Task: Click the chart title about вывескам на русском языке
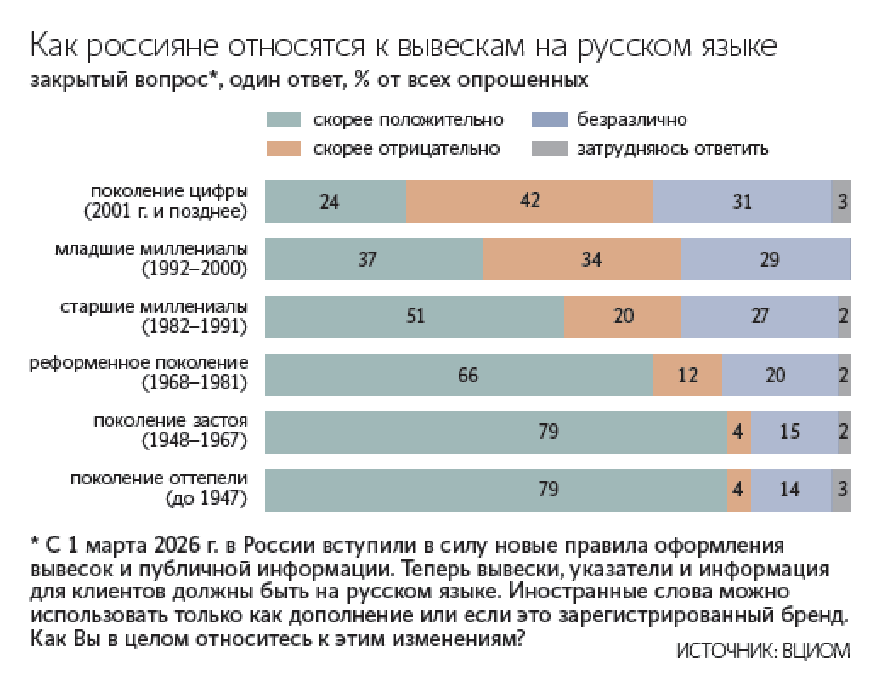pyautogui.click(x=403, y=46)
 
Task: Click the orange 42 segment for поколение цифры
pyautogui.click(x=528, y=201)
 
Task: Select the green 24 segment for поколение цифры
pyautogui.click(x=336, y=201)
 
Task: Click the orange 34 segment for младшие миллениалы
pyautogui.click(x=581, y=259)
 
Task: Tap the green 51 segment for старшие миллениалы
pyautogui.click(x=415, y=316)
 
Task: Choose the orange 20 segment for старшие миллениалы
pyautogui.click(x=622, y=316)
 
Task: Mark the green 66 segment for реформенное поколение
pyautogui.click(x=459, y=374)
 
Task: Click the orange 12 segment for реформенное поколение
pyautogui.click(x=686, y=374)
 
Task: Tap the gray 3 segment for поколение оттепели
pyautogui.click(x=841, y=490)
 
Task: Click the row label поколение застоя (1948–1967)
pyautogui.click(x=170, y=431)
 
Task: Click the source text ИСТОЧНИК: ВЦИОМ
pyautogui.click(x=762, y=651)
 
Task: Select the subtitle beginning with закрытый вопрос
pyautogui.click(x=309, y=82)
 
